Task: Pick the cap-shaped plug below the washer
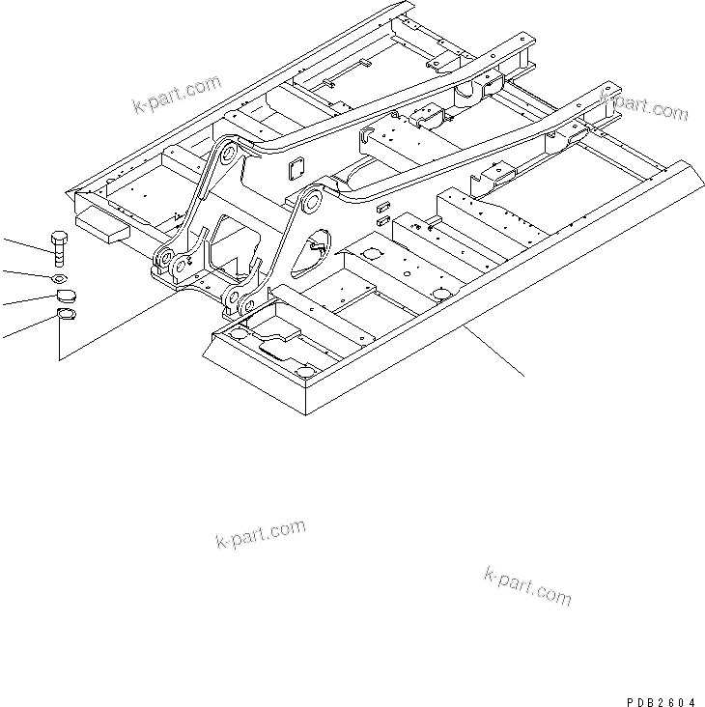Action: coord(59,297)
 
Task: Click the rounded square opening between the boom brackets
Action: coord(295,169)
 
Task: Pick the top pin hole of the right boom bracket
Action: coord(310,202)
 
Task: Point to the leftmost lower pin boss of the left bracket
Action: coord(162,259)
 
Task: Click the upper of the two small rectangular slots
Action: coord(382,205)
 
